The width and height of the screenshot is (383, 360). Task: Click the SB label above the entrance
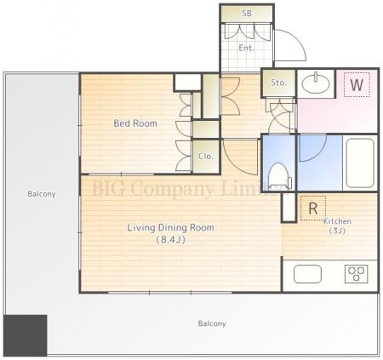pos(247,13)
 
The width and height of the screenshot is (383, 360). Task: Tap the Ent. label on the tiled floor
pos(246,48)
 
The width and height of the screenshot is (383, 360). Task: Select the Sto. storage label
pos(278,83)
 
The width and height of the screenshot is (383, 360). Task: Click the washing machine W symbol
pos(357,84)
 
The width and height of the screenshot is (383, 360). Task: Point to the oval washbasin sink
pos(316,84)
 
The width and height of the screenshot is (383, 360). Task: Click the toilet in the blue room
pos(280,176)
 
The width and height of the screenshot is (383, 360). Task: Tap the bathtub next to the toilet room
pos(360,163)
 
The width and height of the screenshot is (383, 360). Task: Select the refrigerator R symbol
pos(313,209)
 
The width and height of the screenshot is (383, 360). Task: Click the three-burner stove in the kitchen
pos(357,274)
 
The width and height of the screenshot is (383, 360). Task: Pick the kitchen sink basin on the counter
pos(307,274)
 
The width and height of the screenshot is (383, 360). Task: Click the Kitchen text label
pos(337,221)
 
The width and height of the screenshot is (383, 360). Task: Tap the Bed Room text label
pos(135,123)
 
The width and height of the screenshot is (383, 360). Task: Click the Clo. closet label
pos(206,156)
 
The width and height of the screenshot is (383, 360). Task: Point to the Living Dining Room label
pos(170,227)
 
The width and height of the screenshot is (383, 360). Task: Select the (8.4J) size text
pos(171,240)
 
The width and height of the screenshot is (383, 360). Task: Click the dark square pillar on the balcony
pos(26,335)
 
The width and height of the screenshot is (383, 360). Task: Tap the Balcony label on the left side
pos(42,194)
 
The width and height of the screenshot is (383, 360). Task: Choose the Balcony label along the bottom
pos(212,323)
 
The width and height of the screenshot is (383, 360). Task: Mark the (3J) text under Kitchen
pos(337,231)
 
